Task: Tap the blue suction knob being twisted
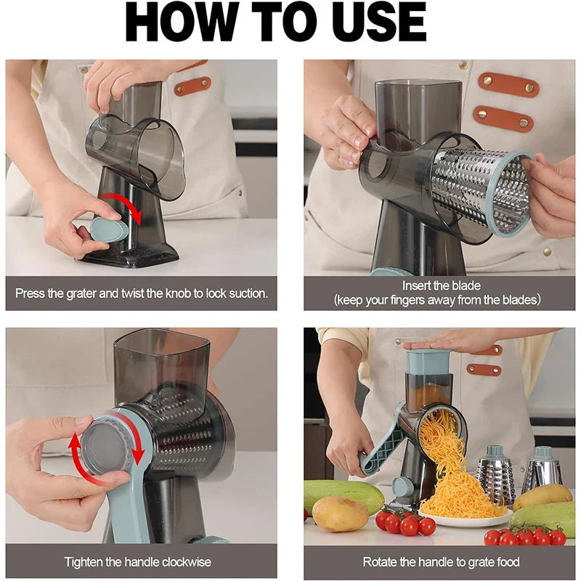107,230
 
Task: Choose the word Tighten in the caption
86,561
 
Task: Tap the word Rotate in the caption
381,561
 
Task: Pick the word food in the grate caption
505,561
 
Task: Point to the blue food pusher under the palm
428,362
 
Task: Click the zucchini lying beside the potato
341,490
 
